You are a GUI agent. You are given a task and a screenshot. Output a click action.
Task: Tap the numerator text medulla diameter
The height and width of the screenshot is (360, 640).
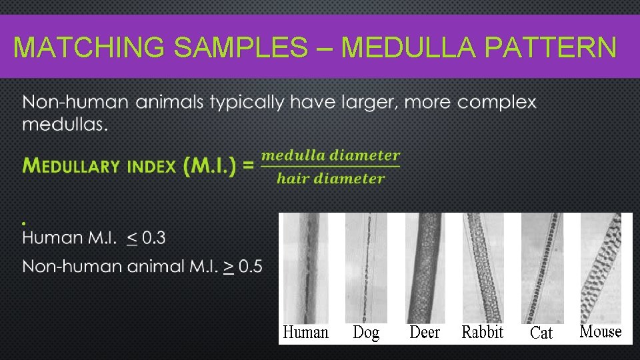pyautogui.click(x=331, y=155)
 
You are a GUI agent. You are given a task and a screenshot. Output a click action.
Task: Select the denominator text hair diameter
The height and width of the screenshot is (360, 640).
pyautogui.click(x=331, y=178)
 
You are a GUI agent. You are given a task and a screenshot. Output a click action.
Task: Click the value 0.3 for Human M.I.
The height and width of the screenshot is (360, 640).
pyautogui.click(x=154, y=237)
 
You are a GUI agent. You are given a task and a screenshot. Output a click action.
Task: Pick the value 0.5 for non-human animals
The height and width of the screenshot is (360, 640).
pyautogui.click(x=250, y=267)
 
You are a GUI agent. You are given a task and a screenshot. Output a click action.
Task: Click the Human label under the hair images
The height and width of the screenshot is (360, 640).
pyautogui.click(x=306, y=332)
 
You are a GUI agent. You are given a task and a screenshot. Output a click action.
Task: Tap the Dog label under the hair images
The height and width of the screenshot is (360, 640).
pyautogui.click(x=366, y=332)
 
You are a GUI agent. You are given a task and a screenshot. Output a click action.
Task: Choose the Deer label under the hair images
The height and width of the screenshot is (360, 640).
pyautogui.click(x=425, y=332)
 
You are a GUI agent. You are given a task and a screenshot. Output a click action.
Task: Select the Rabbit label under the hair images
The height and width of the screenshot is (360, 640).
pyautogui.click(x=483, y=332)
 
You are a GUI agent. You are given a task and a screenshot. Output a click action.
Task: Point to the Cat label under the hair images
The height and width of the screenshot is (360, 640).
pyautogui.click(x=541, y=333)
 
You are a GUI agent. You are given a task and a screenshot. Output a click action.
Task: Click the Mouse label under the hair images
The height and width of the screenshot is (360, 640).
pyautogui.click(x=601, y=331)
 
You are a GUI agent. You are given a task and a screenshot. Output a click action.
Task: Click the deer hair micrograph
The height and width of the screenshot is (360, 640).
pyautogui.click(x=425, y=267)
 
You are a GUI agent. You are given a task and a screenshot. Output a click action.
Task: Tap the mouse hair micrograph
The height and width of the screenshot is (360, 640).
pyautogui.click(x=601, y=267)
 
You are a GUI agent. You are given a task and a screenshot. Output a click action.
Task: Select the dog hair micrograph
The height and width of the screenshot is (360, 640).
pyautogui.click(x=366, y=267)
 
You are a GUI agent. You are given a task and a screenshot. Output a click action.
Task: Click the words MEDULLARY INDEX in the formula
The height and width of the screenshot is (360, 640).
pyautogui.click(x=100, y=166)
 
